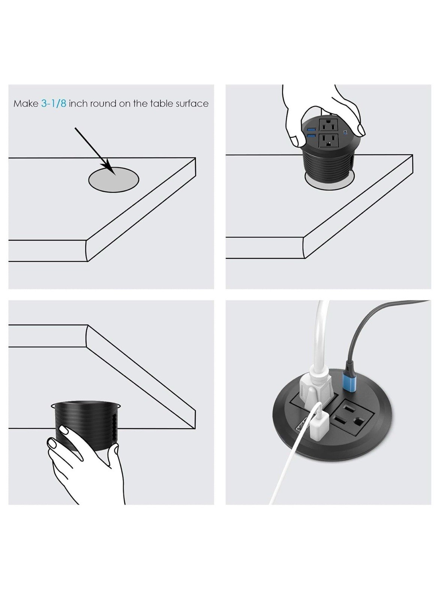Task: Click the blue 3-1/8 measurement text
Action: [x=54, y=103]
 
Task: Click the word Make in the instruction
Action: [x=26, y=104]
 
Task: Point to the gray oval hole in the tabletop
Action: [x=114, y=180]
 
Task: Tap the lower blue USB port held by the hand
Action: [x=311, y=137]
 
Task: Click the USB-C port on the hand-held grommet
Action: [x=345, y=132]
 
